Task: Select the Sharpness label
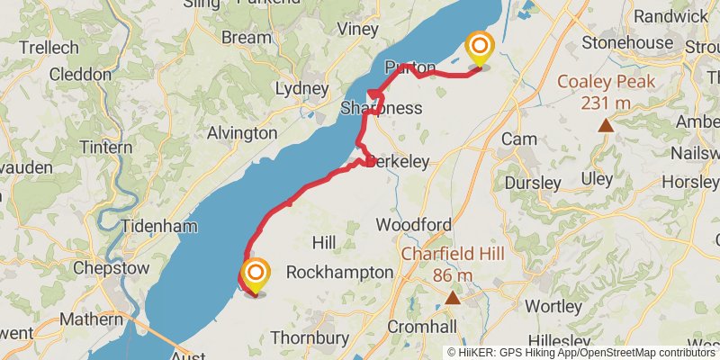382,109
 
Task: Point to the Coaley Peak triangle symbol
607,125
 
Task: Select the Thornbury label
310,338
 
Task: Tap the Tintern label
106,147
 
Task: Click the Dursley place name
532,183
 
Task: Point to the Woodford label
413,224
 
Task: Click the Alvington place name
242,133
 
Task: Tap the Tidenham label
158,226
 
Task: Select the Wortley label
553,306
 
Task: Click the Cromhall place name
422,326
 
